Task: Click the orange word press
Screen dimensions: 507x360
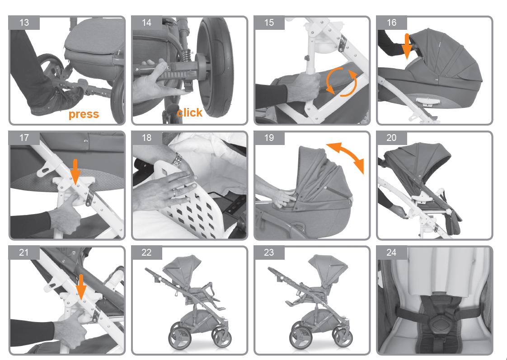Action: pyautogui.click(x=84, y=114)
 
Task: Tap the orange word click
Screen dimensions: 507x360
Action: pyautogui.click(x=189, y=112)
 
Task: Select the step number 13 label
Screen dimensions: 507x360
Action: pyautogui.click(x=24, y=23)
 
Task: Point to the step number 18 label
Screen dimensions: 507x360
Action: pyautogui.click(x=146, y=138)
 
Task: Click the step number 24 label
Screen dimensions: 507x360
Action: pyautogui.click(x=391, y=252)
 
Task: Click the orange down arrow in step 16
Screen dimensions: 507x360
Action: pyautogui.click(x=407, y=46)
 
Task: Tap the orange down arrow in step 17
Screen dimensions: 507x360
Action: pyautogui.click(x=75, y=171)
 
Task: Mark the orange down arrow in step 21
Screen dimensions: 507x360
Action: pyautogui.click(x=81, y=287)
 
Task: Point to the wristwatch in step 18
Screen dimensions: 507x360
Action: pyautogui.click(x=177, y=159)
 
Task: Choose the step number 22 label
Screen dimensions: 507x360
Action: pyautogui.click(x=146, y=252)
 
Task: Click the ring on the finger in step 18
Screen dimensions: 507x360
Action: pyautogui.click(x=174, y=193)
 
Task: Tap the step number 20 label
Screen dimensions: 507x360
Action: pyautogui.click(x=391, y=138)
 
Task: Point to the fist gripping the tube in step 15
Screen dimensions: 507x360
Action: pyautogui.click(x=304, y=87)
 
